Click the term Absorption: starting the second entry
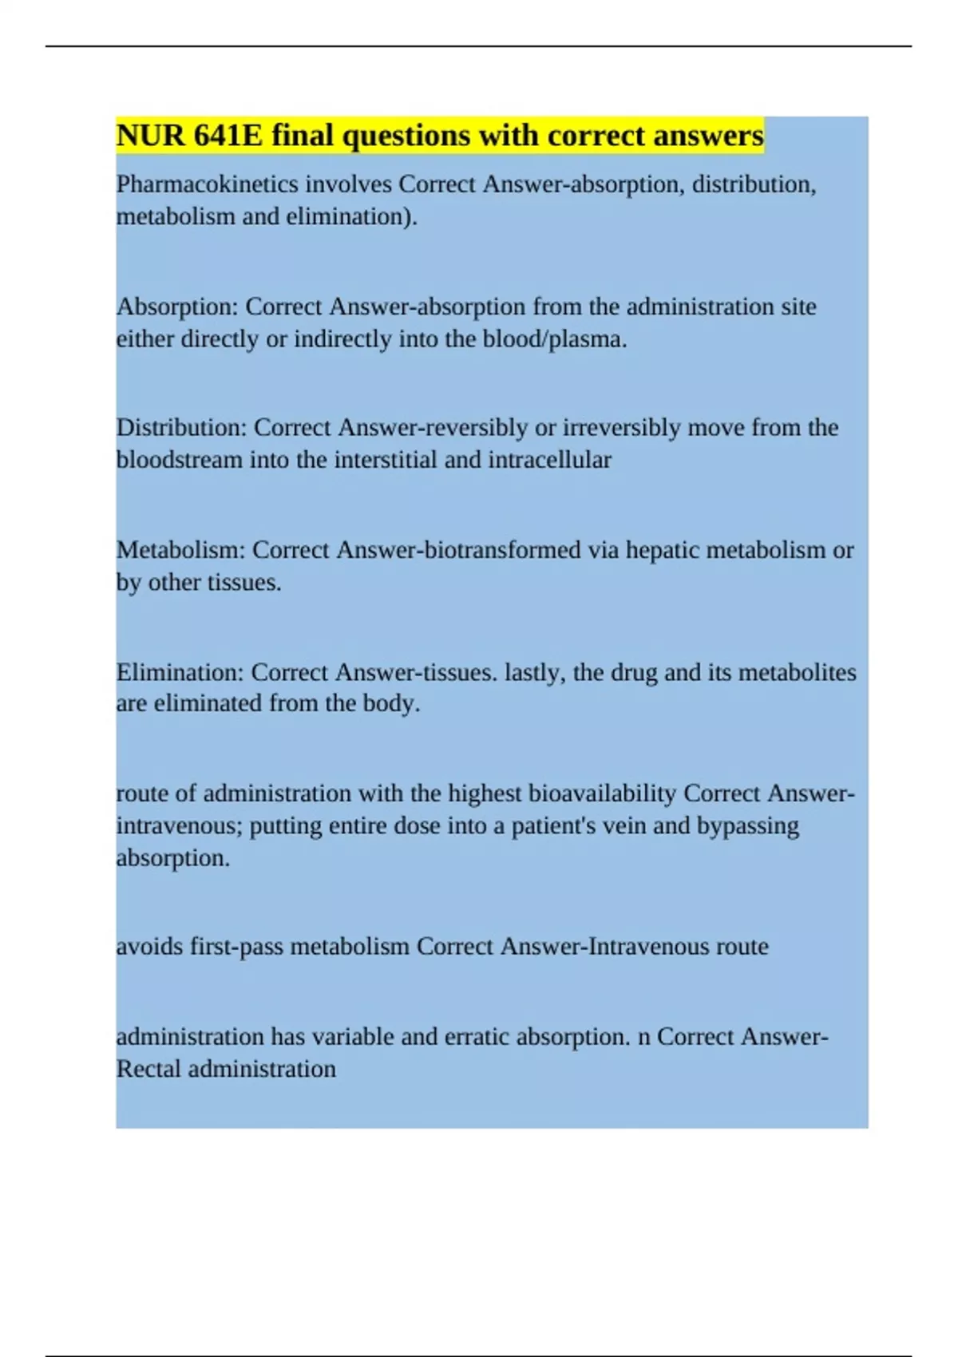pos(177,307)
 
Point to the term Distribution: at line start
pos(181,428)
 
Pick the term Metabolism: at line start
pos(180,550)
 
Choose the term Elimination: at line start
pos(180,672)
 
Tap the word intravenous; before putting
pos(180,825)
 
